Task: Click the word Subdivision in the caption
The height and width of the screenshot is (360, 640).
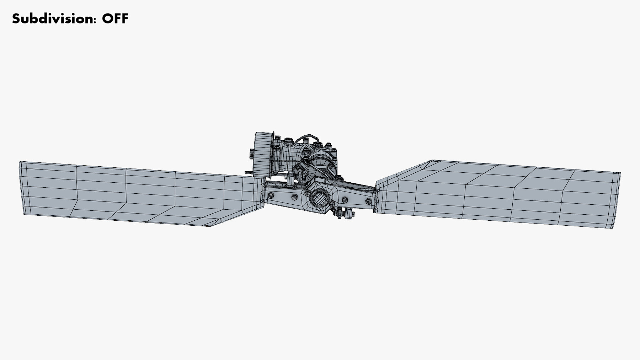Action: coord(53,18)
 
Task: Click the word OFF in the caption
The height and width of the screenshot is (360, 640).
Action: coord(115,18)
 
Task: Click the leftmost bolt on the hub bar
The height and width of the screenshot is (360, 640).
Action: coord(271,195)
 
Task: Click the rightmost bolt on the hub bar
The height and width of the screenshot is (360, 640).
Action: coord(368,202)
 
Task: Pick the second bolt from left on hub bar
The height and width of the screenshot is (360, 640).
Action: coord(294,197)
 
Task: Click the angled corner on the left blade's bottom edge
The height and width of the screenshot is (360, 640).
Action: coord(212,226)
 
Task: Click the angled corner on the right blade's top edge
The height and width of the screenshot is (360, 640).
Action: coord(432,161)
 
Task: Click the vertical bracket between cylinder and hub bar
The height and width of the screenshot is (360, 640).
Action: coord(291,179)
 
